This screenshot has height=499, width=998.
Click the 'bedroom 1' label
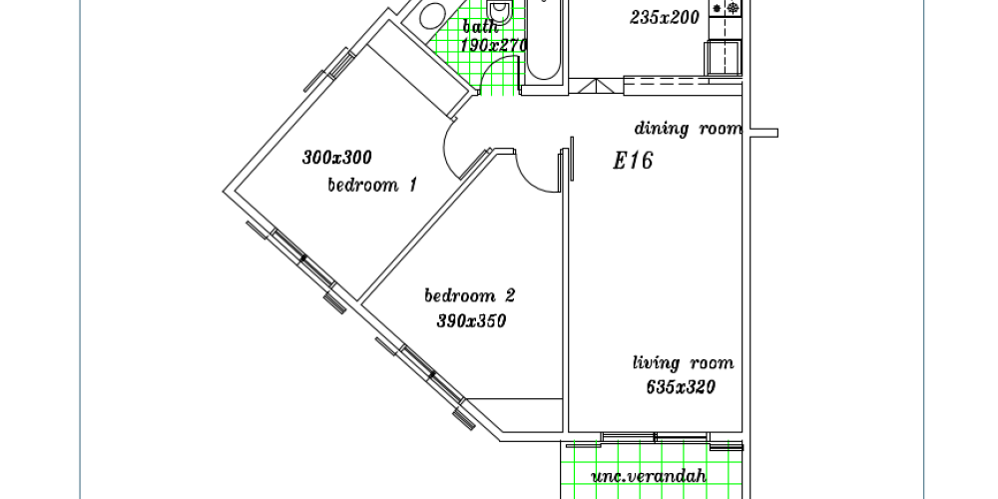(x=372, y=186)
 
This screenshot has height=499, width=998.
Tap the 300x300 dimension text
(x=336, y=157)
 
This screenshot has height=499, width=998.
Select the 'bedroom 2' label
(x=470, y=296)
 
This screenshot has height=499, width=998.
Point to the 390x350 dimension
(x=472, y=321)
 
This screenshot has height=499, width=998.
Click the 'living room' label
(x=683, y=363)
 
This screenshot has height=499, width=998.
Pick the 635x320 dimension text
(x=681, y=387)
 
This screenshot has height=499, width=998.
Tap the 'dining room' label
(x=688, y=129)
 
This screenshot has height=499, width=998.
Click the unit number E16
(x=633, y=161)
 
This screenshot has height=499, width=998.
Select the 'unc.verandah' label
(x=649, y=476)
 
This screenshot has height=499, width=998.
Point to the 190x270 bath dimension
(x=494, y=46)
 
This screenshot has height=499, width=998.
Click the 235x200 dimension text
(x=665, y=18)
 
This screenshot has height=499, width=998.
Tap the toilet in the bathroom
(x=500, y=11)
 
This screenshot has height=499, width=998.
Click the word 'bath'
(x=480, y=27)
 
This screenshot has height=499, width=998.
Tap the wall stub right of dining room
(x=763, y=133)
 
